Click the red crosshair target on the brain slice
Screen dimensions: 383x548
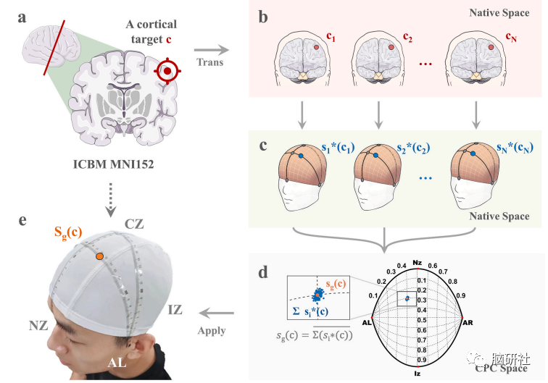click(x=168, y=70)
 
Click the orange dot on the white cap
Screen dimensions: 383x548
click(x=99, y=256)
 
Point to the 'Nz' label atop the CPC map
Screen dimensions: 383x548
click(x=416, y=262)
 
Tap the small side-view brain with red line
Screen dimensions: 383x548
click(x=46, y=51)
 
